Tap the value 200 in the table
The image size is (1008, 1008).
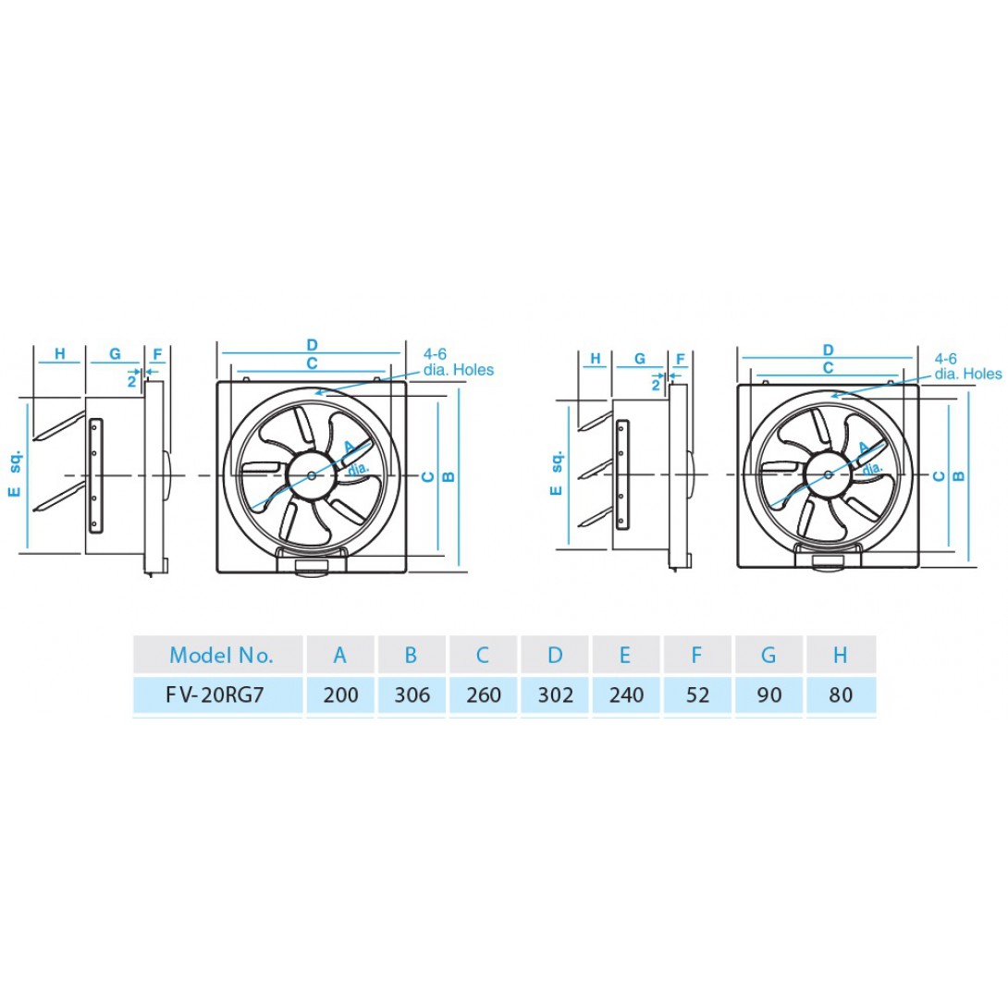tap(340, 695)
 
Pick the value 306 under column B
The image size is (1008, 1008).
tap(412, 695)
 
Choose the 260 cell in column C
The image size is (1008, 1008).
tap(484, 695)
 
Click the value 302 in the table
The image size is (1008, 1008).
tap(556, 695)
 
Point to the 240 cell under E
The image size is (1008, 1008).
tap(626, 695)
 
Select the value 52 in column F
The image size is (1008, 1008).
tap(697, 695)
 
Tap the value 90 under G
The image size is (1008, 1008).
tap(769, 695)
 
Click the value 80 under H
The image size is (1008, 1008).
tap(841, 695)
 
